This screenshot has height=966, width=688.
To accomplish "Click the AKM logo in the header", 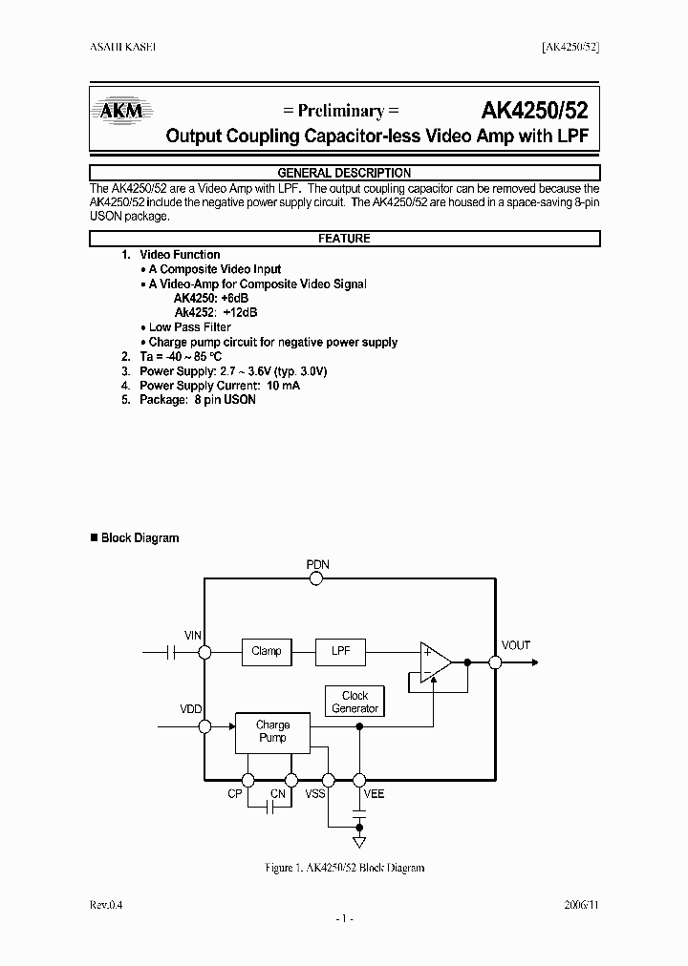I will (121, 112).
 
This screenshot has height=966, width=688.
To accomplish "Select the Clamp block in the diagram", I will (266, 651).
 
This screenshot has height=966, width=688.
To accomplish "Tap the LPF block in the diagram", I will (340, 651).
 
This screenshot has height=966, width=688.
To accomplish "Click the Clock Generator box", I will (355, 702).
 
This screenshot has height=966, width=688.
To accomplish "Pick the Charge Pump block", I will (272, 731).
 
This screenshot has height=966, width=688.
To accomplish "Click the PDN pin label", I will (318, 564).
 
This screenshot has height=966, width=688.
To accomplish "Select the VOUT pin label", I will (516, 645).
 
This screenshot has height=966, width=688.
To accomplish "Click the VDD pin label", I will (192, 709).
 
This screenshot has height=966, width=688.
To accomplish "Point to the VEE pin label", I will (374, 794).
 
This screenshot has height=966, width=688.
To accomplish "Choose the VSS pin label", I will (315, 794).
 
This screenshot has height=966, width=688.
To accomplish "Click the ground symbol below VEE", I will (359, 842).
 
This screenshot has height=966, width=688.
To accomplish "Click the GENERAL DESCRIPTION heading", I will (344, 173).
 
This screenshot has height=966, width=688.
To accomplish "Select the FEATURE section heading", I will (344, 239).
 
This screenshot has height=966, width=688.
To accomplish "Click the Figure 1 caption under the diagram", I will (344, 868).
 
